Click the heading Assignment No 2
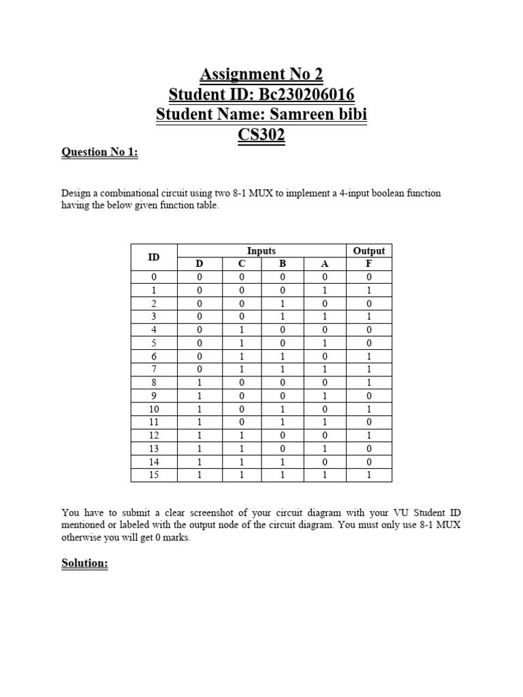(261, 74)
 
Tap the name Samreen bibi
(321, 114)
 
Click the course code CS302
(261, 135)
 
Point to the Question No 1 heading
(99, 152)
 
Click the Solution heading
(84, 564)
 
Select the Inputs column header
(261, 251)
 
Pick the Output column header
(369, 251)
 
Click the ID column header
(154, 257)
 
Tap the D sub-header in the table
(200, 263)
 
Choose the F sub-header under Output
(369, 263)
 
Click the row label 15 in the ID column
(154, 474)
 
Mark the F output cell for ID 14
(369, 461)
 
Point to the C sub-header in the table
(242, 263)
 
